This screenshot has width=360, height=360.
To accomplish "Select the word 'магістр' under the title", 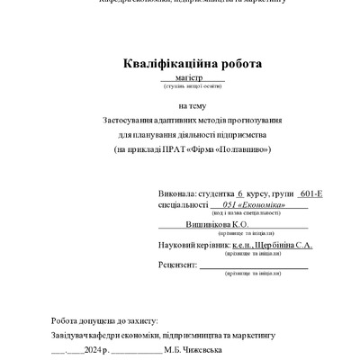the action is [x=191, y=79].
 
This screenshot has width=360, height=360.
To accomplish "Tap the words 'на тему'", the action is [x=192, y=105].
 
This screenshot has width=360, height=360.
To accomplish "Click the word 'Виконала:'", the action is [x=175, y=193].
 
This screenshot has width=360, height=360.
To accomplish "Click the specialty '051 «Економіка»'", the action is [x=254, y=206].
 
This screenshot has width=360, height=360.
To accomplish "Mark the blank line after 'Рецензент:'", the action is [x=253, y=267].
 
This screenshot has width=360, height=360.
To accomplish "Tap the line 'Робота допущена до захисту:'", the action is [x=104, y=320].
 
